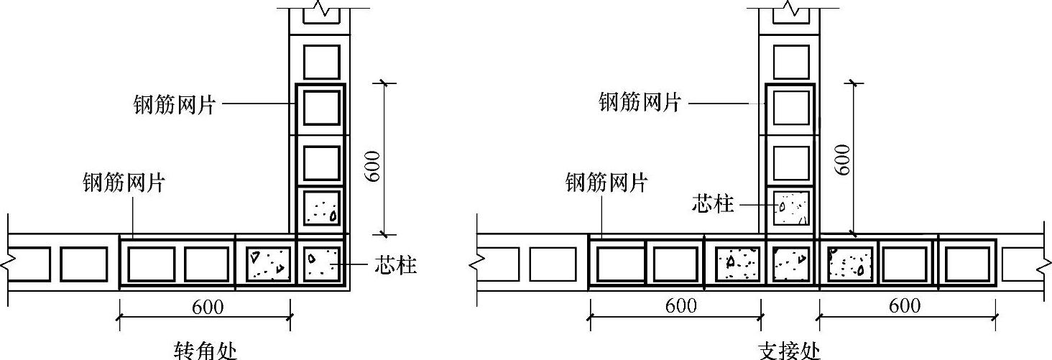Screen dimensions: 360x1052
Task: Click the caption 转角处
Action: (206, 351)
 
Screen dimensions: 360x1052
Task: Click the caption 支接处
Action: (789, 351)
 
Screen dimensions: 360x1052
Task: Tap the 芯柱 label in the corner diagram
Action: (395, 265)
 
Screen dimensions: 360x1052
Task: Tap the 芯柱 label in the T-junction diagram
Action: (714, 204)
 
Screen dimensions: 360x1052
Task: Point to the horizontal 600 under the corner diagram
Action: (208, 307)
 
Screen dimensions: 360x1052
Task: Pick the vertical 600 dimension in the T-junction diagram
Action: (843, 159)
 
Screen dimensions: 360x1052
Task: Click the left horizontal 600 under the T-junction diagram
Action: (680, 305)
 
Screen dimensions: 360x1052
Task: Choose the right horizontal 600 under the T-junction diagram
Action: (905, 305)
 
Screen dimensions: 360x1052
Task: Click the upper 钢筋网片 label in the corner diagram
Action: (175, 105)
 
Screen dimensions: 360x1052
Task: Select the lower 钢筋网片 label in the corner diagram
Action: (124, 183)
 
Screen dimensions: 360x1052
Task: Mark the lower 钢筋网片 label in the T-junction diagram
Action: (606, 183)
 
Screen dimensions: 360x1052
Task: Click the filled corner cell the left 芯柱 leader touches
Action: (321, 264)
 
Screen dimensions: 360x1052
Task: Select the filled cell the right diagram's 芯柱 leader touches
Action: (790, 208)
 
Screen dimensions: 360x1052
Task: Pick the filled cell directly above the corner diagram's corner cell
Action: (321, 208)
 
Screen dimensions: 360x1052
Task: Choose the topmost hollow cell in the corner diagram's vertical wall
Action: (321, 62)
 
